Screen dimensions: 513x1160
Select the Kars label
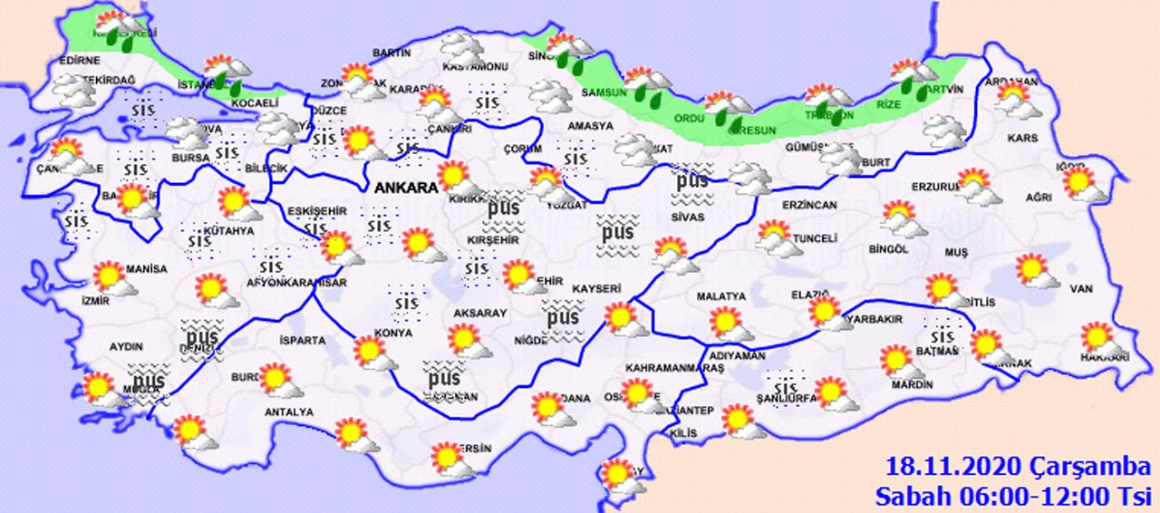tap(1022, 139)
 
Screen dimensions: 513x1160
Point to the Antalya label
tap(290, 411)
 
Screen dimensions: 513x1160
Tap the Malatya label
tap(720, 296)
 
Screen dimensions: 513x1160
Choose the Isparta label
tap(303, 340)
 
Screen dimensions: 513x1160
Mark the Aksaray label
tap(480, 311)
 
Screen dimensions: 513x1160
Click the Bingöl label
tap(887, 248)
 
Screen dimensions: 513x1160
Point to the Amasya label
tap(590, 126)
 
